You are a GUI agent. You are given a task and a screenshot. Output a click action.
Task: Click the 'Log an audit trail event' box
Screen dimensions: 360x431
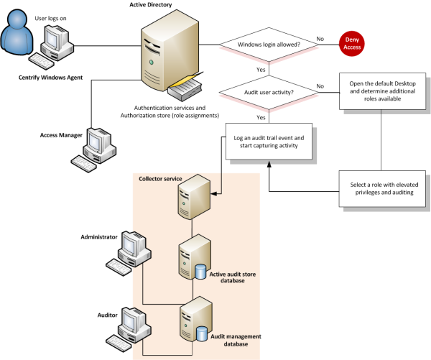pos(269,142)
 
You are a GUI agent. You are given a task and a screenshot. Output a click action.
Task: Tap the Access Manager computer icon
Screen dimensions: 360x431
pos(98,148)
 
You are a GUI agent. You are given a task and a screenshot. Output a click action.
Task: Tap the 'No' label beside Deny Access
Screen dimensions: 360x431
pos(320,38)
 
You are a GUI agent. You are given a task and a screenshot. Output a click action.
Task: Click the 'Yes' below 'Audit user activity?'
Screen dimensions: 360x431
pos(261,117)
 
